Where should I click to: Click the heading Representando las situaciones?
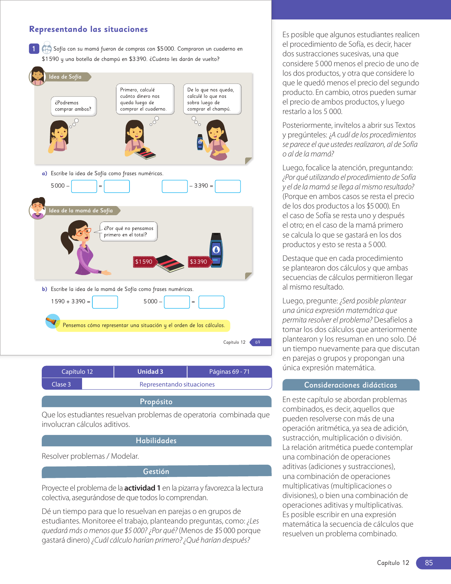click(88, 29)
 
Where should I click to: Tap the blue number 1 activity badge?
click(34, 49)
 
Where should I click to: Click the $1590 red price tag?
click(144, 262)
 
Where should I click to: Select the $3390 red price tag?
click(198, 262)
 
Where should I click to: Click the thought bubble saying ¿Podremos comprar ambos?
click(73, 106)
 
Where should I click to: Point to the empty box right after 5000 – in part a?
click(84, 186)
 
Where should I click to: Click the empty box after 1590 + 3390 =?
click(105, 302)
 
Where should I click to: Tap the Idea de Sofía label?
click(65, 77)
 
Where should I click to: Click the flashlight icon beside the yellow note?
click(53, 321)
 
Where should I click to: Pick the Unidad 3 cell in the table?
click(150, 372)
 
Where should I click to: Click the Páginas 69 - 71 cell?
click(229, 372)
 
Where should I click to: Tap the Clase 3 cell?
click(62, 384)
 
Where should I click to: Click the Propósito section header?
click(156, 402)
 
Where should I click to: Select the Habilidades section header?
click(156, 441)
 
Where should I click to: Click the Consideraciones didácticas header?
click(351, 385)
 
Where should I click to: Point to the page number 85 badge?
click(429, 563)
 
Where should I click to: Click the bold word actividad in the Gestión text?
click(140, 488)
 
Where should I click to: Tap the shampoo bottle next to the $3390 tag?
click(216, 250)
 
